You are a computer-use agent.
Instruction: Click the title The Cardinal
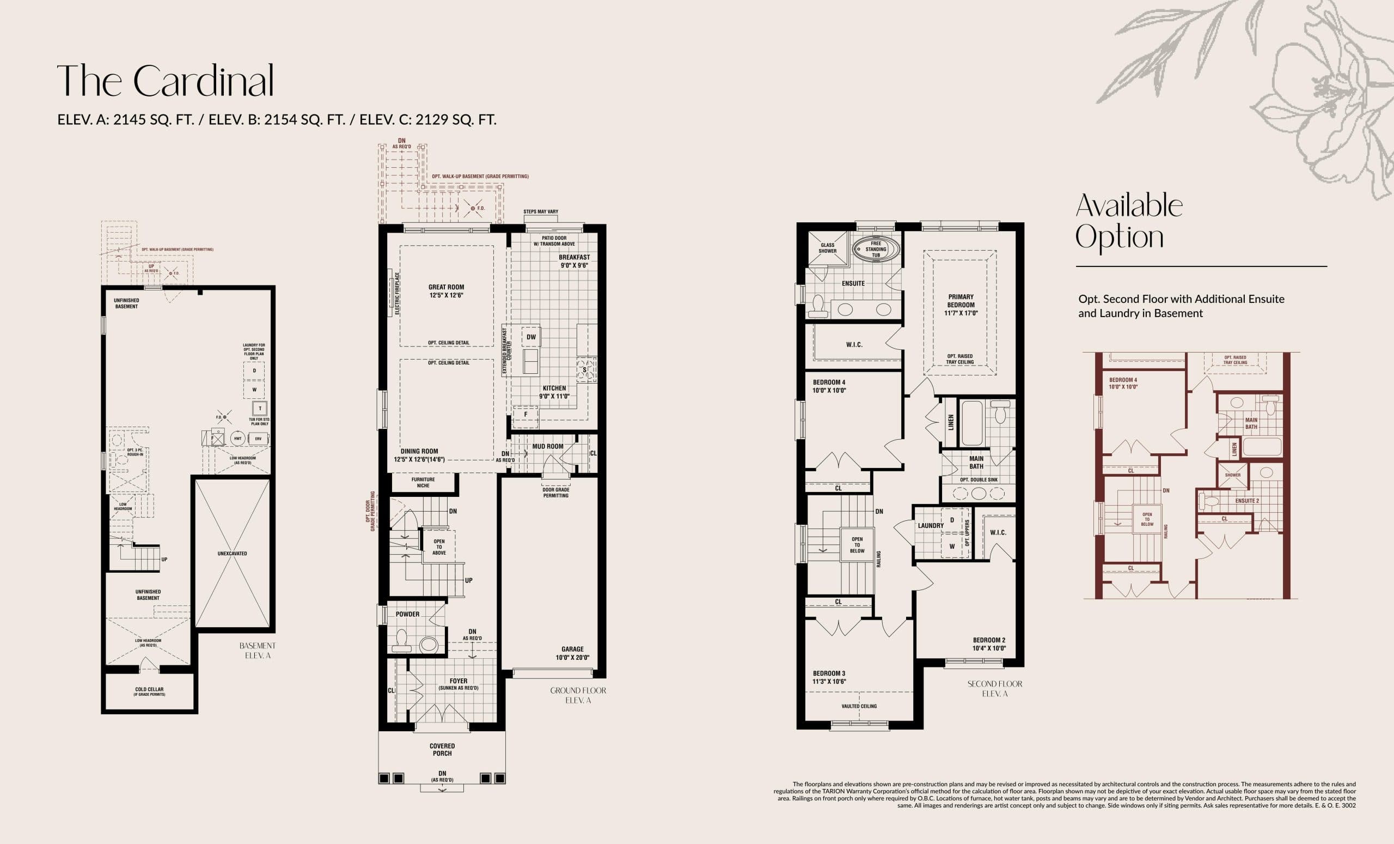tap(165, 81)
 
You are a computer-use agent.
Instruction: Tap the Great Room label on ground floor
tap(446, 291)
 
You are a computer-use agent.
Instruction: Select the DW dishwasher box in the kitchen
tap(531, 337)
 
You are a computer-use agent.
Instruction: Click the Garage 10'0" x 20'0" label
tap(572, 653)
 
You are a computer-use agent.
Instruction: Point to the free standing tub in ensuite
tap(875, 249)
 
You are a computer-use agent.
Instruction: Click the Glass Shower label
tap(827, 248)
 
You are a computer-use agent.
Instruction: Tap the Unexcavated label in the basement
tap(232, 554)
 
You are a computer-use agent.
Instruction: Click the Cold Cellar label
tap(149, 691)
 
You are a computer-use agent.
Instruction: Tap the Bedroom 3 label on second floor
tap(829, 677)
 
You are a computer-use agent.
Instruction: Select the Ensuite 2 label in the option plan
tap(1247, 501)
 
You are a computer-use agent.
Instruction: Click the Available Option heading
tap(1128, 221)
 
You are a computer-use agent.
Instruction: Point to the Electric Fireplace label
tap(397, 293)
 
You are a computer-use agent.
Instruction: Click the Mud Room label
tap(547, 446)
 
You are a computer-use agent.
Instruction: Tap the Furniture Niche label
tap(423, 482)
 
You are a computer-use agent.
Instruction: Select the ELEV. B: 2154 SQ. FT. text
tap(277, 119)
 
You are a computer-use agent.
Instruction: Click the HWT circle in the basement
tap(237, 438)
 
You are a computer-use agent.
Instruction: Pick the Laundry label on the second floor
tap(931, 525)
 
